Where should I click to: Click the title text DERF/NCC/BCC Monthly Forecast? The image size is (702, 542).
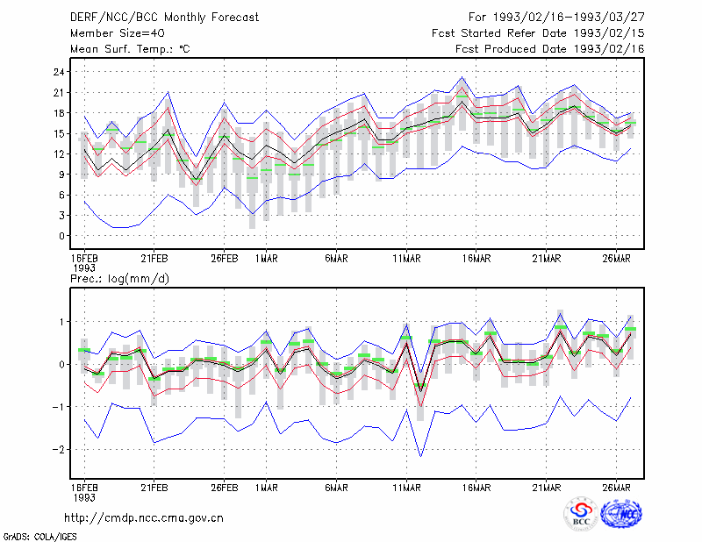164,18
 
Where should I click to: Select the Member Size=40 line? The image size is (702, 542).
118,33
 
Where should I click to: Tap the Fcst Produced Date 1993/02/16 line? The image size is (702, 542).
550,49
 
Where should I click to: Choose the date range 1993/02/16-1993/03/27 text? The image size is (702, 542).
569,18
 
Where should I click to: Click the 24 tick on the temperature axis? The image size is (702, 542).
59,72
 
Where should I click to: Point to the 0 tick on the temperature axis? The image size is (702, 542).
61,236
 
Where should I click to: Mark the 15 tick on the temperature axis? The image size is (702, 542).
59,133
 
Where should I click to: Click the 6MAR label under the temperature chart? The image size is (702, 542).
336,258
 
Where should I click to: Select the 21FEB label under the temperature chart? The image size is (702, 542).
154,258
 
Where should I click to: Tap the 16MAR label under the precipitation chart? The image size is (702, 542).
476,488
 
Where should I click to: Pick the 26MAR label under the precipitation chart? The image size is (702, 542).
617,488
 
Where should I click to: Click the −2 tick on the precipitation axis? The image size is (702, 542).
59,449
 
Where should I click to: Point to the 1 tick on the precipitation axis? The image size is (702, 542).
61,322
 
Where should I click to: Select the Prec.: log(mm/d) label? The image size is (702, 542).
119,279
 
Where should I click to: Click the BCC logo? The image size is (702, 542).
581,514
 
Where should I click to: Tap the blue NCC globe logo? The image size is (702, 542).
621,513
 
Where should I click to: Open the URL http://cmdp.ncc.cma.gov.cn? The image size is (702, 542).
144,518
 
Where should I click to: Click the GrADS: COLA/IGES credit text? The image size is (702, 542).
39,537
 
